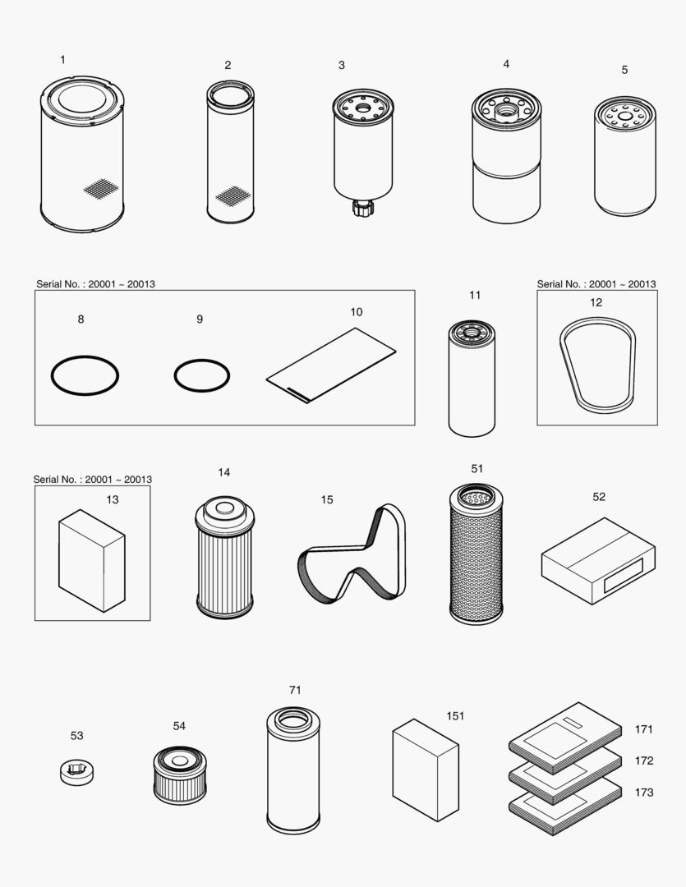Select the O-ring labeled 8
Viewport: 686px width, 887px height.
tap(85, 376)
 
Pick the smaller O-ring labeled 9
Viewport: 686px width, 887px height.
tap(201, 375)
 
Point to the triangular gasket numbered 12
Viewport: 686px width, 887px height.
tap(596, 365)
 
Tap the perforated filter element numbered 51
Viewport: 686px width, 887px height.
tap(476, 558)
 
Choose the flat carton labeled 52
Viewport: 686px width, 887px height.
tap(598, 561)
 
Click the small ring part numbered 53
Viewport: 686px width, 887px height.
tap(76, 772)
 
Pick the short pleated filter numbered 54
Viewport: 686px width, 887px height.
tap(179, 775)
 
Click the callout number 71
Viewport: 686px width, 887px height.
tap(295, 690)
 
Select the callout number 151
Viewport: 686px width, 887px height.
tap(455, 715)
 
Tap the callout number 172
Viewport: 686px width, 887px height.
tap(644, 761)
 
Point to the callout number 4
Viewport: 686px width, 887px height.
tap(506, 63)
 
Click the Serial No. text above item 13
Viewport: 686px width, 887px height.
tap(92, 479)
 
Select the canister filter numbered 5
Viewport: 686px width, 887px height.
tap(625, 156)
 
